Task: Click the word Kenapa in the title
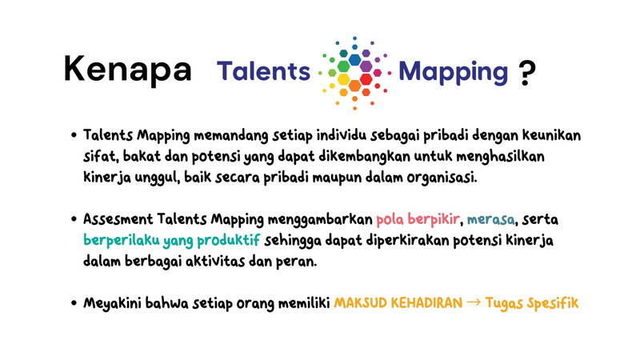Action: point(127,70)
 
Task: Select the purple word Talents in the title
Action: point(263,71)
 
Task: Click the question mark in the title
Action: point(526,73)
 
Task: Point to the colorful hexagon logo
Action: point(354,70)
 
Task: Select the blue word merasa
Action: point(491,218)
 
